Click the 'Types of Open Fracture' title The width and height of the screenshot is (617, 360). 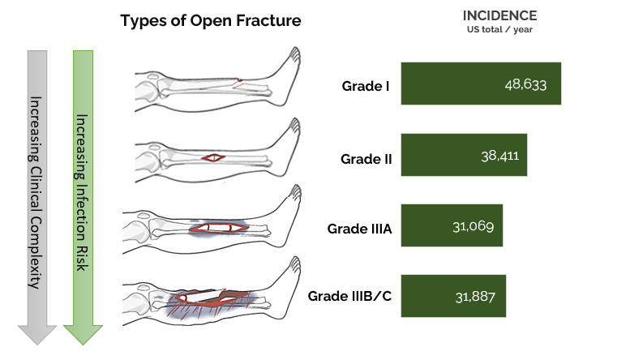coord(211,21)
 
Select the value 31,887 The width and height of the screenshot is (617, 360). coord(477,297)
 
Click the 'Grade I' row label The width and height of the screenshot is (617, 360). coord(366,84)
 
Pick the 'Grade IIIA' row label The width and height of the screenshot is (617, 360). coord(359,229)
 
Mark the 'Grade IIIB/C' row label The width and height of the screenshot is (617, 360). coord(349,297)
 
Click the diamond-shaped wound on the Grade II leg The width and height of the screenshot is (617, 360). coord(215,156)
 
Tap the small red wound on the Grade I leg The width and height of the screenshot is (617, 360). coord(238,82)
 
